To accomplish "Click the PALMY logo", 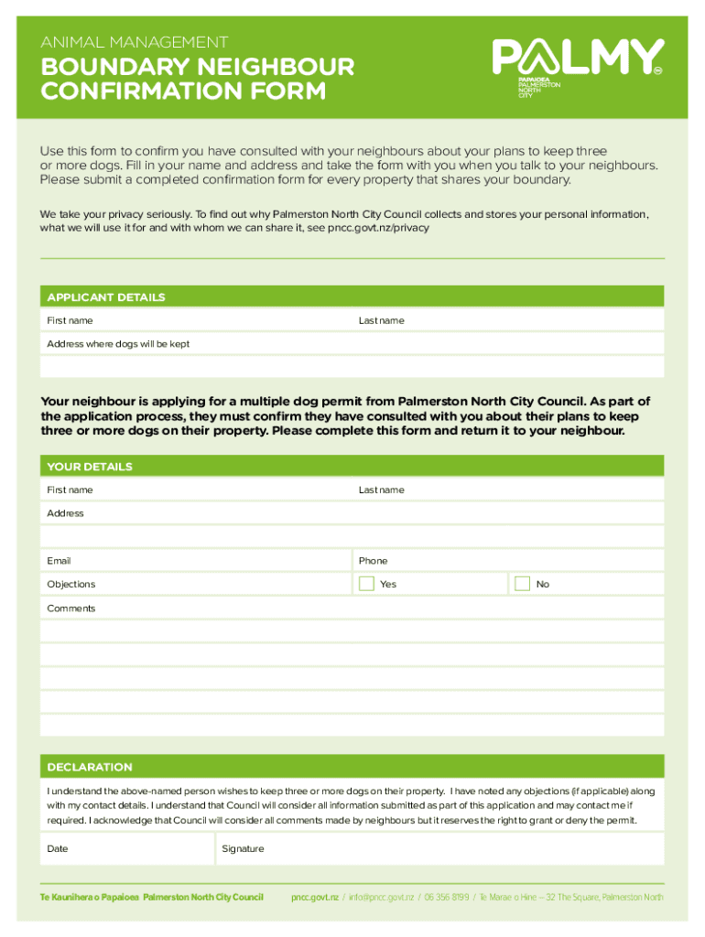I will (x=578, y=59).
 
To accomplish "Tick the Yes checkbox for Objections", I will (x=366, y=584).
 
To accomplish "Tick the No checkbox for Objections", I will (x=522, y=584).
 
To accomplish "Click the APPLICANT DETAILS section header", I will (x=106, y=297).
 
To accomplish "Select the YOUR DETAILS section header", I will (x=90, y=467).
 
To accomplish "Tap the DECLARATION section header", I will (x=90, y=767).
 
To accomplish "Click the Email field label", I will (x=59, y=561).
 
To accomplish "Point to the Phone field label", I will (x=373, y=561).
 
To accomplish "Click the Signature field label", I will (x=243, y=849).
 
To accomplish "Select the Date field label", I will (x=58, y=849).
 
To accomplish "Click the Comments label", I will (x=71, y=609).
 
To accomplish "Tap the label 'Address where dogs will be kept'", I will (x=118, y=344).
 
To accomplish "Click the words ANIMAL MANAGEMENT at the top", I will (x=134, y=42).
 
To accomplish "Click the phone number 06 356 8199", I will (x=446, y=897).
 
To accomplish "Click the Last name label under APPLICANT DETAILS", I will (x=381, y=321).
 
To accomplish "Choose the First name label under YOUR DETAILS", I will (x=70, y=490).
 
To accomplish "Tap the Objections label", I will (x=71, y=585).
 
